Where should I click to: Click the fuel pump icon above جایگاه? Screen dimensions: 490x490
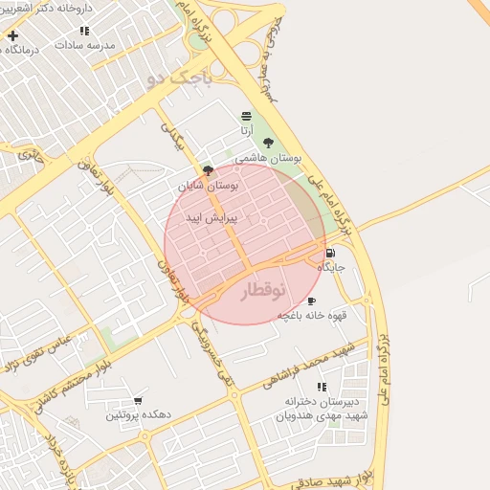pos(330,254)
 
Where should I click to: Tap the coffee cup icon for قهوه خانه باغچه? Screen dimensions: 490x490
pos(311,301)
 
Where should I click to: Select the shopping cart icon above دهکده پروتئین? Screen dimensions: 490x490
pos(138,401)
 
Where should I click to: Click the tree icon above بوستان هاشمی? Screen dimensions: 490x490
pos(268,143)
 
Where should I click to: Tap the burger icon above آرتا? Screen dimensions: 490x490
pos(246,116)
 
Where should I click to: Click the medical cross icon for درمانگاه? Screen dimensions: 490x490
pos(12,36)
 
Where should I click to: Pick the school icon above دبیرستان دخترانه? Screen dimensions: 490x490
pos(321,387)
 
